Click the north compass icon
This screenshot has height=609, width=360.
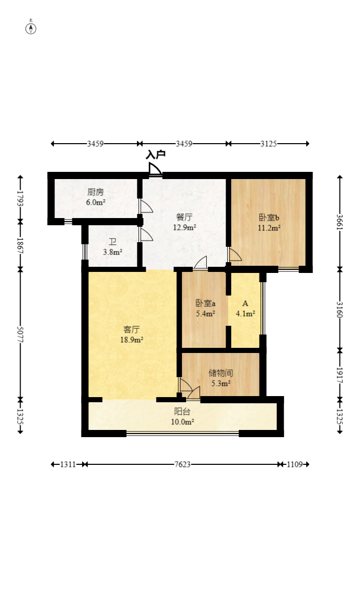31,28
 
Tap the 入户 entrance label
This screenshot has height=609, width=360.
156,154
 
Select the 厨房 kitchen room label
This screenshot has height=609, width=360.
95,192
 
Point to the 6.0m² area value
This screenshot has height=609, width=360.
95,202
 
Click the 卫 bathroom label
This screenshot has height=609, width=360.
113,242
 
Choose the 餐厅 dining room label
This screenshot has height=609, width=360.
184,217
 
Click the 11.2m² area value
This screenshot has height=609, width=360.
269,228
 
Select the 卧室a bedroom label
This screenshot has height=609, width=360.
206,303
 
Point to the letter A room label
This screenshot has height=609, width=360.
245,303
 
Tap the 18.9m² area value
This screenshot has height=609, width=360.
132,340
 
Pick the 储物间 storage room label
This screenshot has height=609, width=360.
221,373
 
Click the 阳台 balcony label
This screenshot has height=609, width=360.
182,411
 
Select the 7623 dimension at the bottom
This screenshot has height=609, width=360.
183,464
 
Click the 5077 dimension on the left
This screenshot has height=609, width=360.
20,334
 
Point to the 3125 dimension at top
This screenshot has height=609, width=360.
268,144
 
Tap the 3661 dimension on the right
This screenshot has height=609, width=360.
340,222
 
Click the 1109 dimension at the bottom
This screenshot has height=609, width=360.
295,464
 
